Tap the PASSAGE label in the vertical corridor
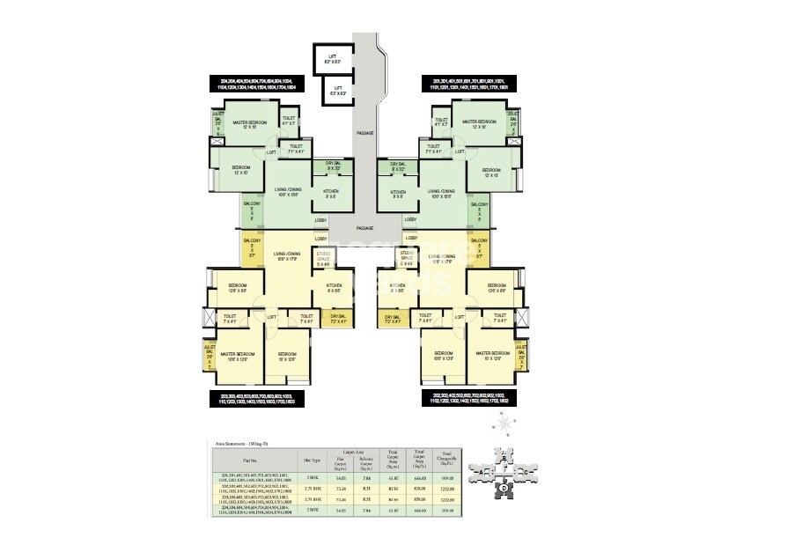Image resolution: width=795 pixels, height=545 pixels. pyautogui.click(x=365, y=133)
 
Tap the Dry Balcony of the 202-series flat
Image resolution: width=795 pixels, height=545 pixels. pyautogui.click(x=393, y=318)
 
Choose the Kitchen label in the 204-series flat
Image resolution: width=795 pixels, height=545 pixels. pyautogui.click(x=331, y=194)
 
